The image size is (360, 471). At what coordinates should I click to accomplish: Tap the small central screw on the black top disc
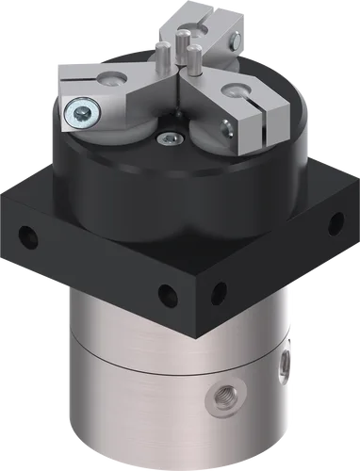169,139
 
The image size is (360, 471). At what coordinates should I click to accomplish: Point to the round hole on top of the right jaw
233,92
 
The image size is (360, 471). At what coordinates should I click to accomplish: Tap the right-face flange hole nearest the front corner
219,290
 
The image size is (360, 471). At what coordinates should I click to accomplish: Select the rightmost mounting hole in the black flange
332,222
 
